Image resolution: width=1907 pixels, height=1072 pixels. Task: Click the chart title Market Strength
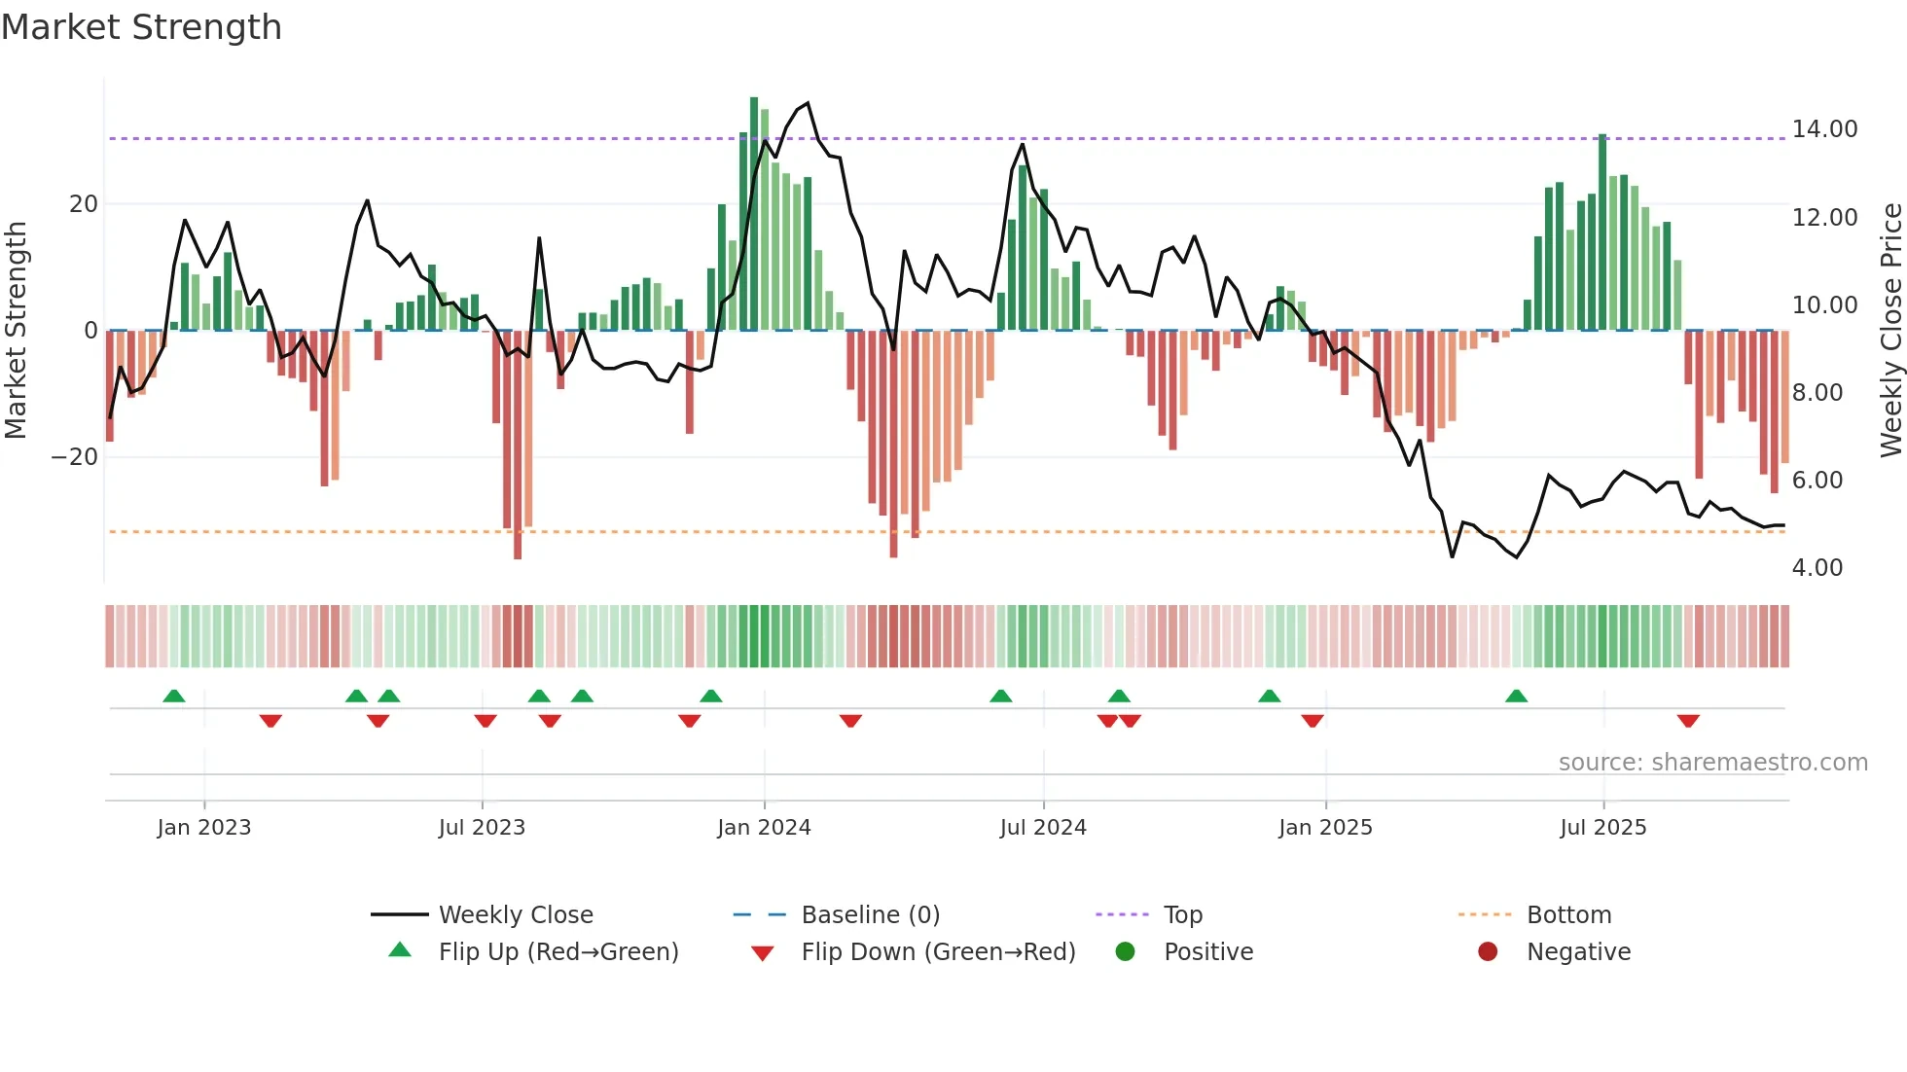[141, 27]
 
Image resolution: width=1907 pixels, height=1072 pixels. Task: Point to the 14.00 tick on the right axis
[1824, 129]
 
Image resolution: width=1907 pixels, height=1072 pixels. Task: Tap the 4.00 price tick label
[1817, 568]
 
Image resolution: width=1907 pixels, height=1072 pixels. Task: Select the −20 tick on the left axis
[75, 457]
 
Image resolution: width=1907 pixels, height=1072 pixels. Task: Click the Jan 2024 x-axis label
[764, 828]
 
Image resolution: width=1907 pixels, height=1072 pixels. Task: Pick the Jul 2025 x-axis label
[1602, 828]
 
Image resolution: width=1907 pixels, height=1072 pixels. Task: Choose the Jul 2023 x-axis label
[482, 828]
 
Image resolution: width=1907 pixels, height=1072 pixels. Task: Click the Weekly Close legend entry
[515, 915]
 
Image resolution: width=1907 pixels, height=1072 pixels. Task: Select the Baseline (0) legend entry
[870, 915]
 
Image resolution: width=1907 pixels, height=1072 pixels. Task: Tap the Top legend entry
[1182, 915]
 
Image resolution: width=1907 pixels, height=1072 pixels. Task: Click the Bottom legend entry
[1568, 915]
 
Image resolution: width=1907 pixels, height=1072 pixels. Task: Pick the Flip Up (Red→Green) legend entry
[558, 952]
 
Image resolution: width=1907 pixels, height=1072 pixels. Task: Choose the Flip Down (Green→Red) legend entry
[937, 952]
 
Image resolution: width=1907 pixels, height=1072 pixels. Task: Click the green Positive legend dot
[1126, 952]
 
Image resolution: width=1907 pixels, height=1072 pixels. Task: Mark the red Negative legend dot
[1488, 952]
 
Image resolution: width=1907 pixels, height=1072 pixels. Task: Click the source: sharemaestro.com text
[1712, 763]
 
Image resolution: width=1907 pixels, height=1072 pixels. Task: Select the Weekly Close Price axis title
[1890, 331]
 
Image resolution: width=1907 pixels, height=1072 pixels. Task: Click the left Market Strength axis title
[17, 331]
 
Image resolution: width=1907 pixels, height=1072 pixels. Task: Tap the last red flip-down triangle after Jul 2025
[1688, 721]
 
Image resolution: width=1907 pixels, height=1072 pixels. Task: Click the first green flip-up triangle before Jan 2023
[174, 696]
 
